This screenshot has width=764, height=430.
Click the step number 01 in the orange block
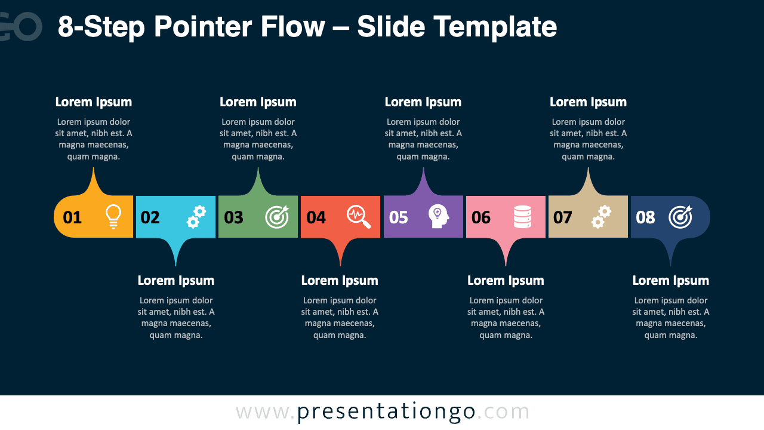72,217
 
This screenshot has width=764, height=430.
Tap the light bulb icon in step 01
113,217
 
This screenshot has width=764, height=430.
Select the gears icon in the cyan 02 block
196,217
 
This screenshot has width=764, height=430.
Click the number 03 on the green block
233,217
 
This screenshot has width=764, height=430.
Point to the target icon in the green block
277,217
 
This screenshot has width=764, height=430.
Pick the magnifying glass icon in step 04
359,217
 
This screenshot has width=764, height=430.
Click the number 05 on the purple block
398,217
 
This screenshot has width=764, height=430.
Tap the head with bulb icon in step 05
439,217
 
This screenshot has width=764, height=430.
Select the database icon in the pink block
522,217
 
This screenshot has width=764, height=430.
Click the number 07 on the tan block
563,217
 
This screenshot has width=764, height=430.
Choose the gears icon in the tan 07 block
601,217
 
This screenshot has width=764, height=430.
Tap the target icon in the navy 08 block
680,217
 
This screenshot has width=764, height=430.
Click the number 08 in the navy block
645,217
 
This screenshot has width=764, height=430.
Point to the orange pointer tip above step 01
94,173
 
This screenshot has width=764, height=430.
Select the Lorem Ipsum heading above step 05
423,102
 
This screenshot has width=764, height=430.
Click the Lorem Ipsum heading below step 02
176,281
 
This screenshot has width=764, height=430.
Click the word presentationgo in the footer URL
386,412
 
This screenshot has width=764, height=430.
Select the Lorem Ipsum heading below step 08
671,281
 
